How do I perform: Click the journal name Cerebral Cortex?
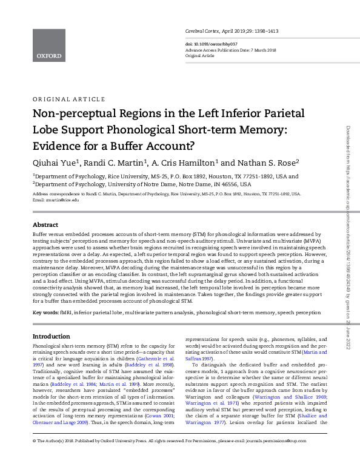click(202, 30)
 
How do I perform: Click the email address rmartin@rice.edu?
click(65, 200)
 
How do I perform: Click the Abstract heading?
click(45, 224)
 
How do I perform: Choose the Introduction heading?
click(51, 336)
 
